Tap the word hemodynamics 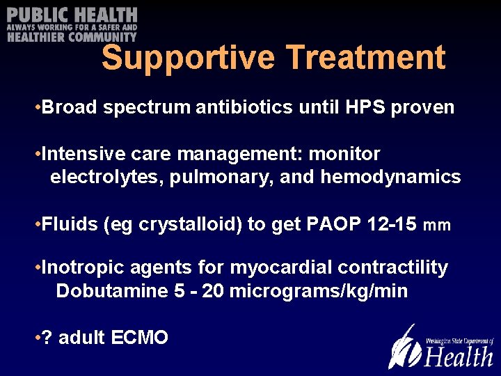coord(390,177)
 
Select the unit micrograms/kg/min coord(318,291)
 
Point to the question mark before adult coord(47,338)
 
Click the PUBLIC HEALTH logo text coord(72,15)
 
